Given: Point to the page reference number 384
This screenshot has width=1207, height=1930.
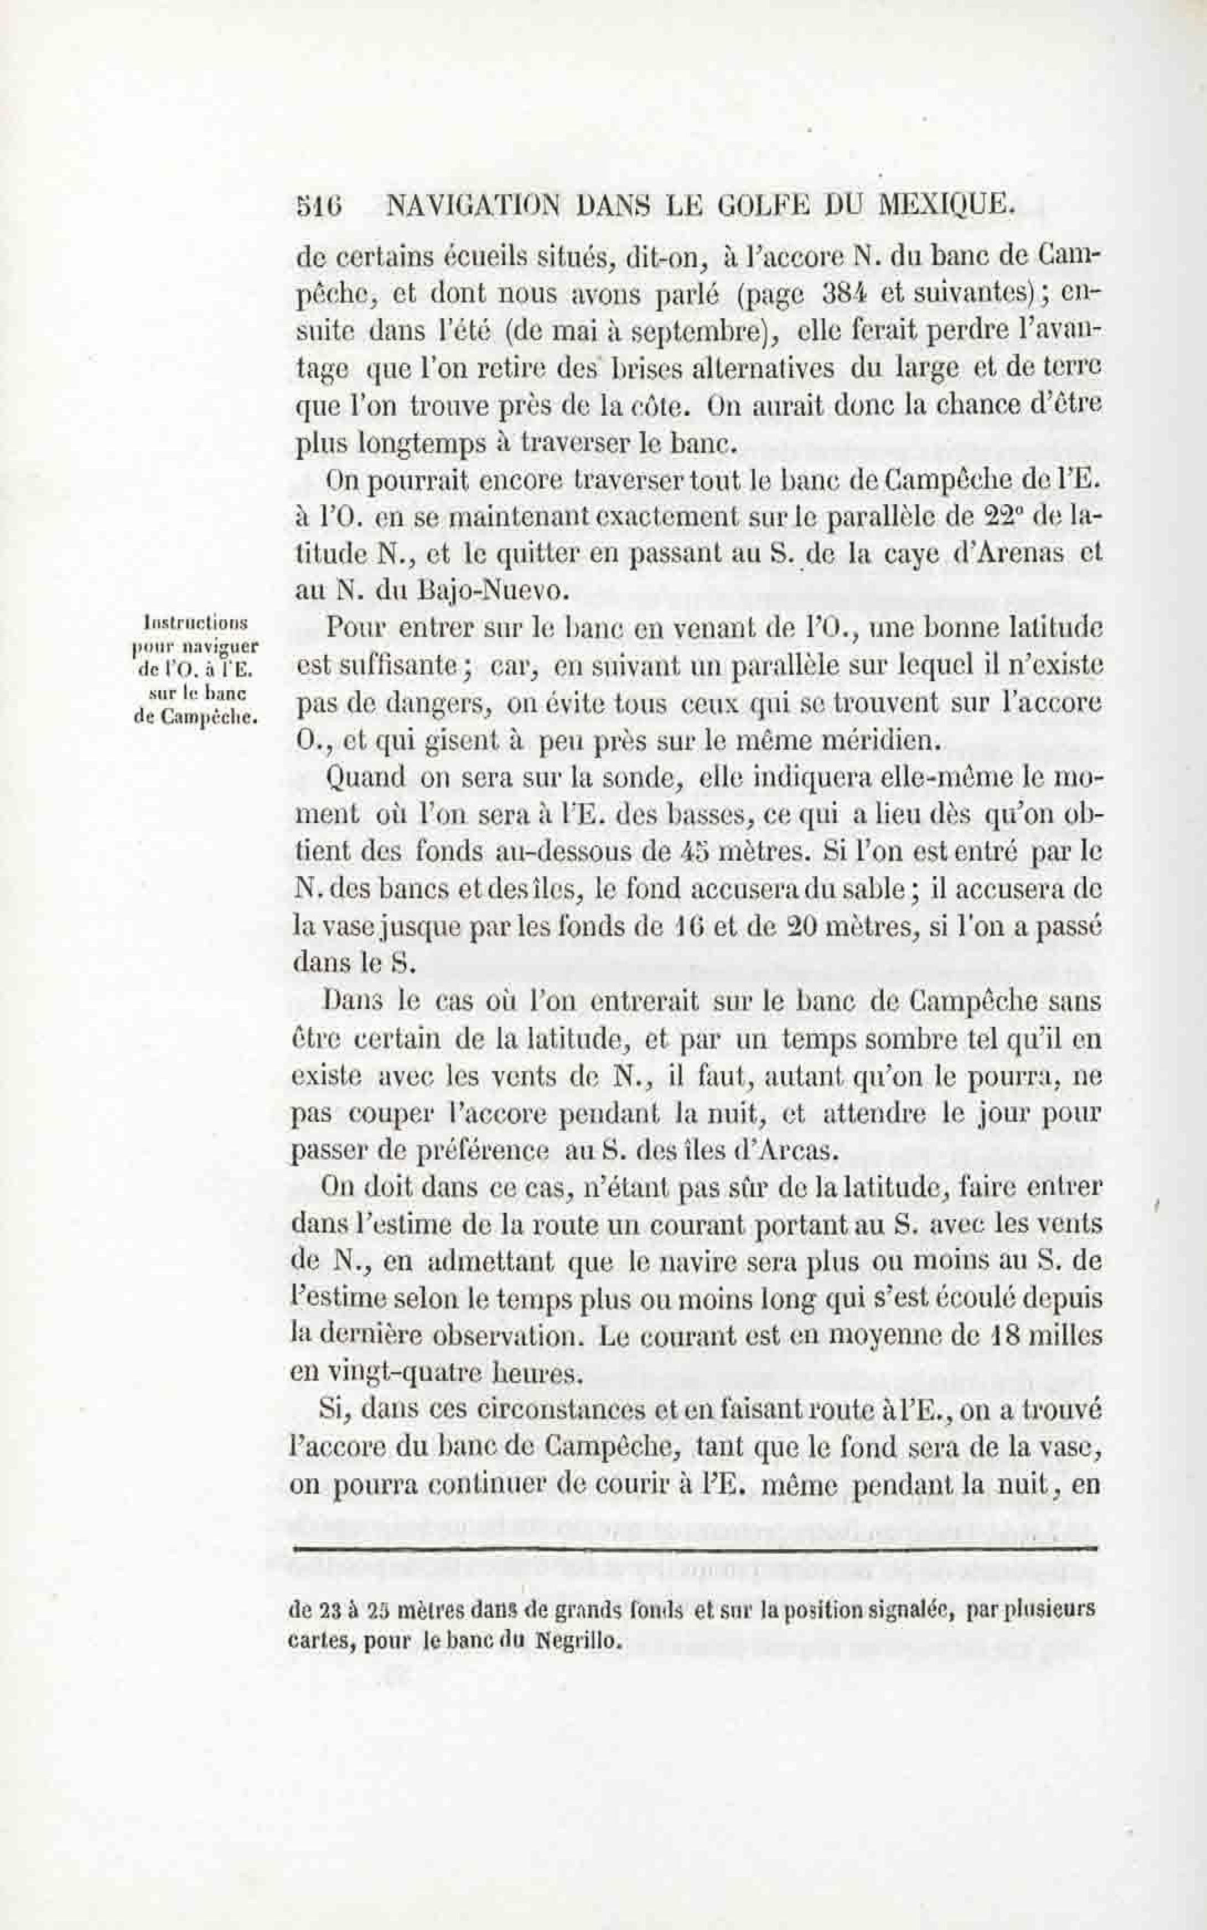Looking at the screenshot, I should tap(844, 294).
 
